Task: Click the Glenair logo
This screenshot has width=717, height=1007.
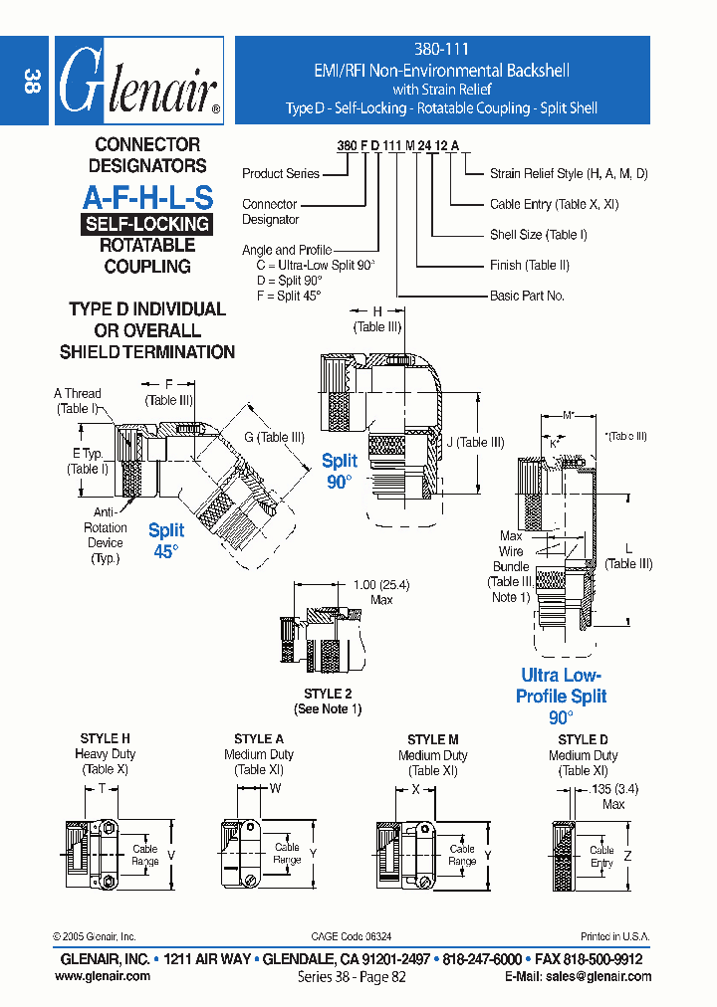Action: (137, 82)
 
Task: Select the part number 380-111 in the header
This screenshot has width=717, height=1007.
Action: (441, 49)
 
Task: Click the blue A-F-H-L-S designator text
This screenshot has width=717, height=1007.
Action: (147, 197)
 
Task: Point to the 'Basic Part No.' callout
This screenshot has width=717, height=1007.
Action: (527, 296)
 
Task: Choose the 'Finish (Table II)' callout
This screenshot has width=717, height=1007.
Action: (529, 266)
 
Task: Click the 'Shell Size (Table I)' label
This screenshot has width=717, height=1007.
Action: (538, 235)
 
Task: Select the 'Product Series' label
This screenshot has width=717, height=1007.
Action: (281, 174)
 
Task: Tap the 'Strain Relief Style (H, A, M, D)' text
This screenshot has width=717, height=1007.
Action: (569, 174)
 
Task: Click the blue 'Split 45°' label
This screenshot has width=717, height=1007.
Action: (166, 540)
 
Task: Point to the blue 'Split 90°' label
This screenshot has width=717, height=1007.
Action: (339, 471)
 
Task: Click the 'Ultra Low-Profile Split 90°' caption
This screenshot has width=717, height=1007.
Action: (562, 696)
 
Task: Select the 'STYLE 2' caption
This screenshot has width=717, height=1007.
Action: (328, 694)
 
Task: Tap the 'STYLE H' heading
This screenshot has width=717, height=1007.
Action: (106, 738)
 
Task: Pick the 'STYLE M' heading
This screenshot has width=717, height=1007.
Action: (433, 739)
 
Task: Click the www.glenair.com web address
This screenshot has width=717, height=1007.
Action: (103, 977)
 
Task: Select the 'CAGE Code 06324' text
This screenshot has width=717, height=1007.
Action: (352, 936)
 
